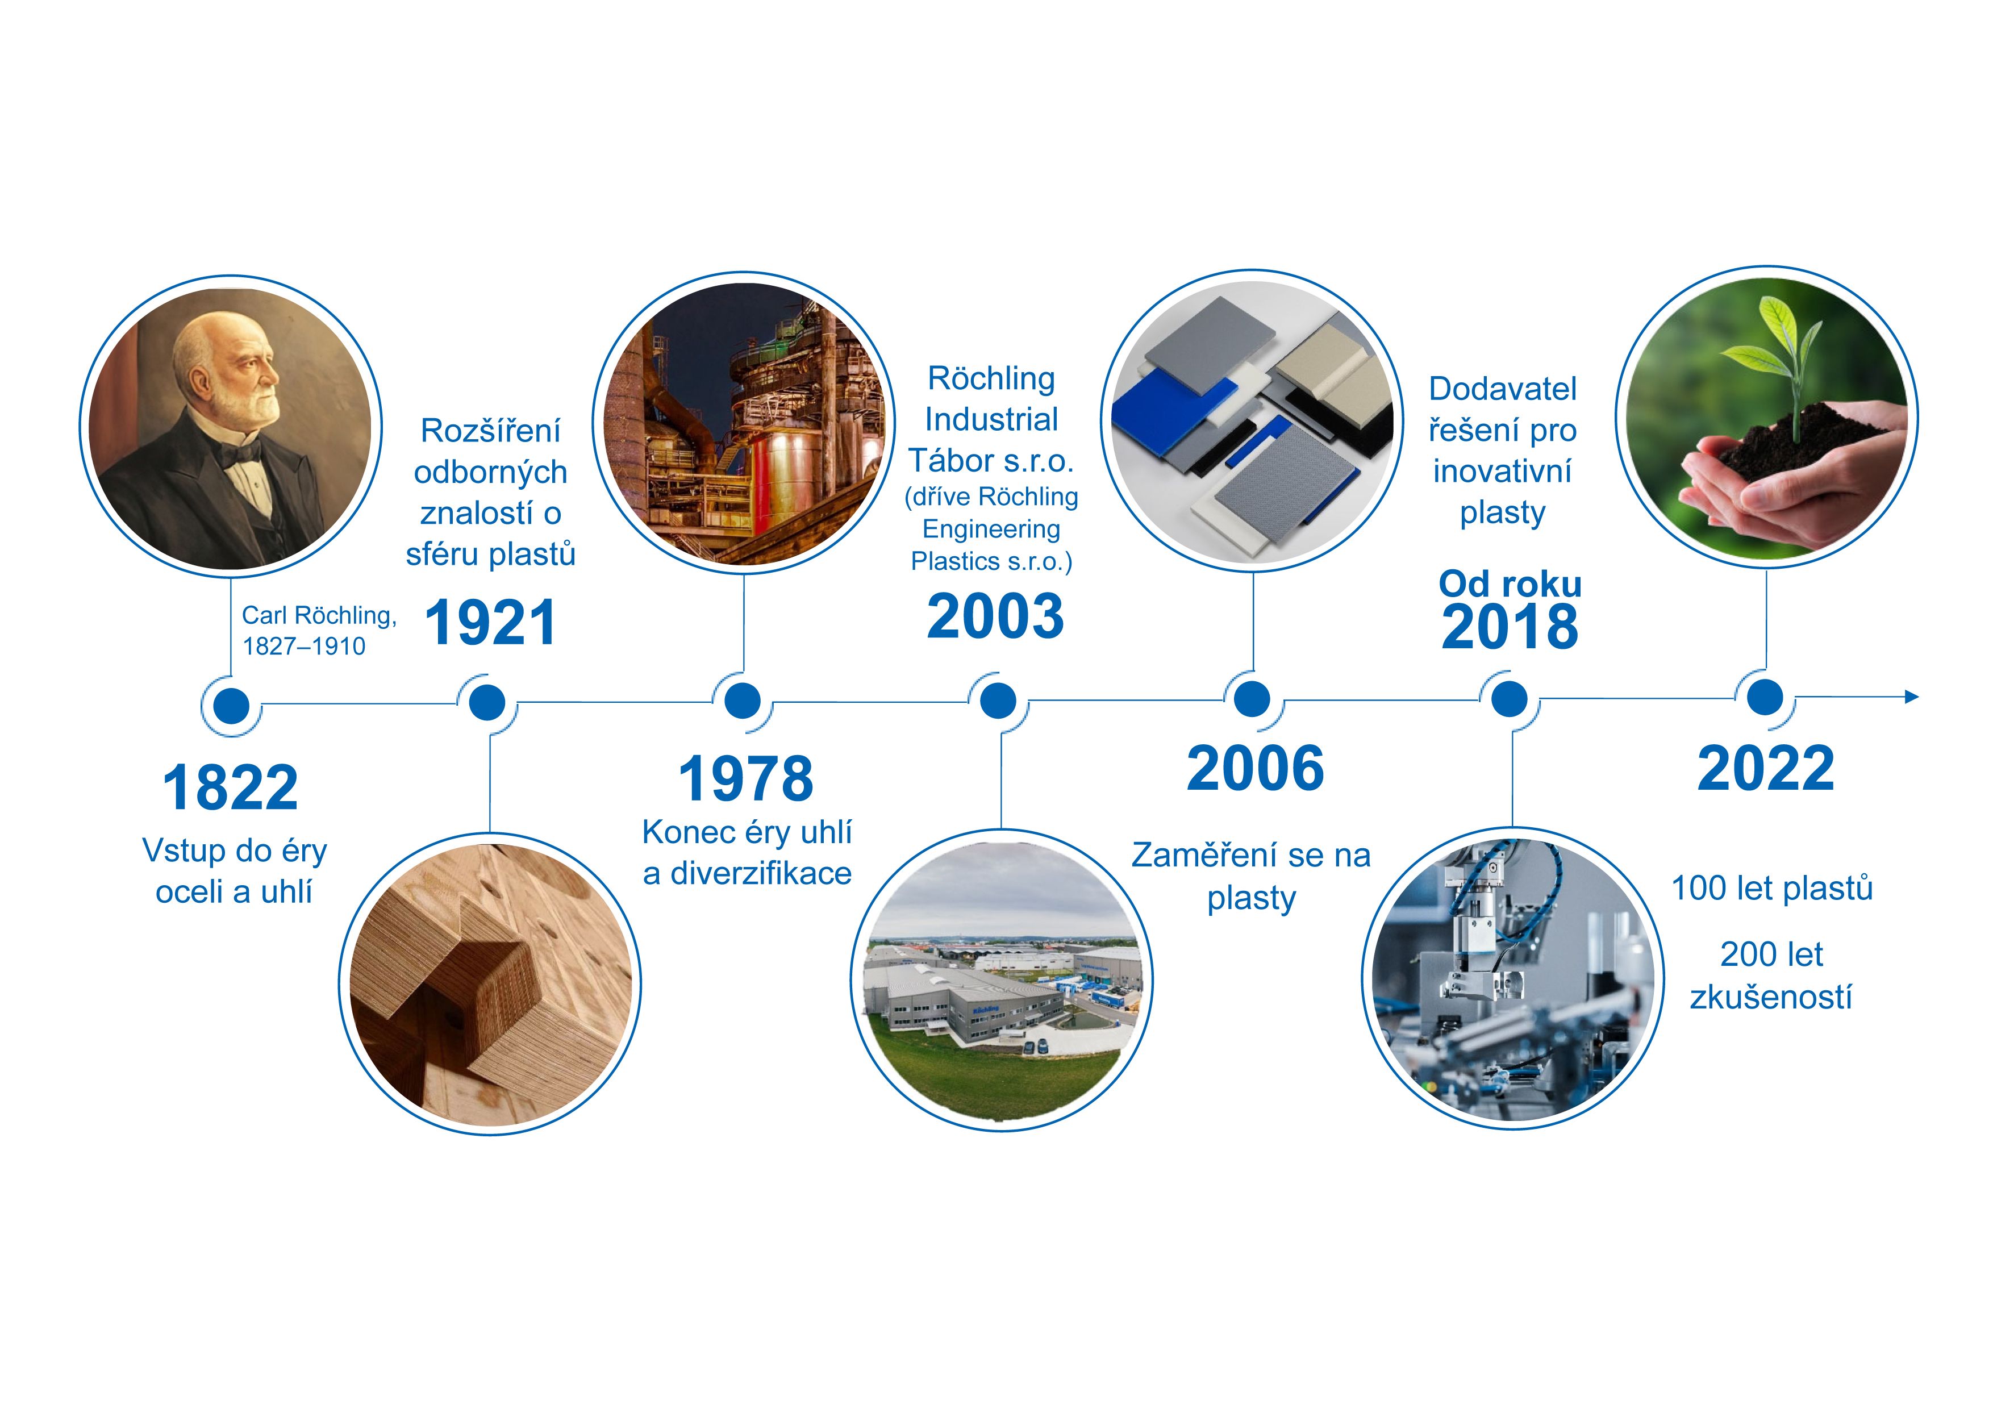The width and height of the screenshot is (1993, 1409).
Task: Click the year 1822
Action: pos(230,788)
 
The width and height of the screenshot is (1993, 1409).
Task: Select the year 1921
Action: pos(490,623)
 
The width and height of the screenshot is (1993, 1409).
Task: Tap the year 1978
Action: pos(745,779)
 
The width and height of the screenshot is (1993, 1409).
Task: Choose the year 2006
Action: pos(1255,769)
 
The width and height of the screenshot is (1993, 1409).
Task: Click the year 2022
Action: pos(1766,769)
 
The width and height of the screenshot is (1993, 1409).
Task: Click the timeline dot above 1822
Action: pos(231,706)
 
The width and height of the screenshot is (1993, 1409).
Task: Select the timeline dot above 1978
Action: pos(742,701)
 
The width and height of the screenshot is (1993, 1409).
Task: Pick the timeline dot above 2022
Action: pos(1765,697)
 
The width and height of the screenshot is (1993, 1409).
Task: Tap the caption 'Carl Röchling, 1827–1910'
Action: pos(319,630)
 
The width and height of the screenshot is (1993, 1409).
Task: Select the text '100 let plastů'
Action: pos(1771,888)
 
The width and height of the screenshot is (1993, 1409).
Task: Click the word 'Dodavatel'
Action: pos(1503,389)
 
